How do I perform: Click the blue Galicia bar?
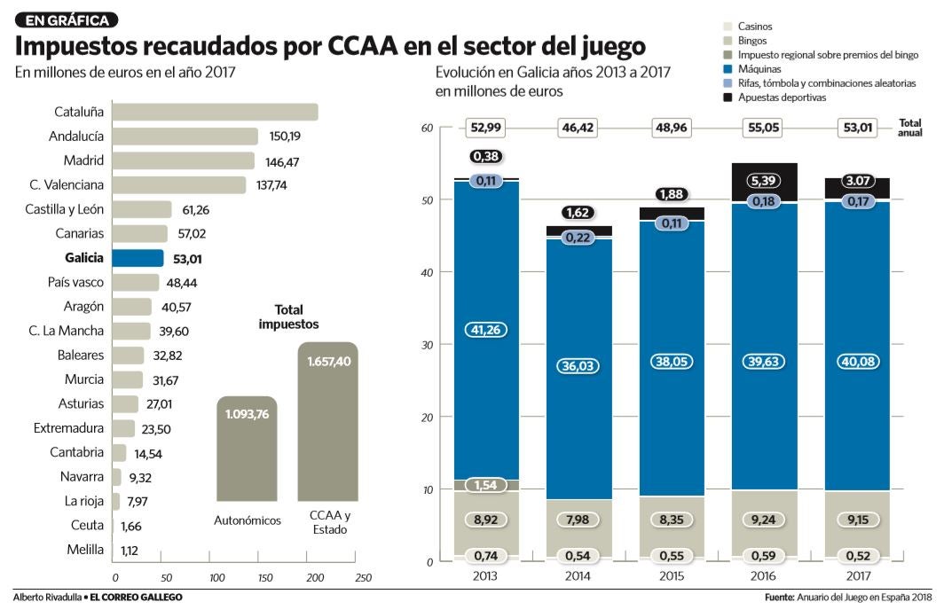click(x=138, y=258)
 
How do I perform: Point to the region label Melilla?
click(x=85, y=550)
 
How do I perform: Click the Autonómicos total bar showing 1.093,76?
click(x=247, y=452)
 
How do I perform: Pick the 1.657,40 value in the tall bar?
click(x=327, y=362)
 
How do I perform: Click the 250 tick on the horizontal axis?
click(x=363, y=577)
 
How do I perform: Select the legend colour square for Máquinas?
click(x=729, y=69)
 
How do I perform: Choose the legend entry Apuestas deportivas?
click(x=782, y=98)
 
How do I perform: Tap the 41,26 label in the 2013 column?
click(x=486, y=329)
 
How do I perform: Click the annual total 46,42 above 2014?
click(x=578, y=129)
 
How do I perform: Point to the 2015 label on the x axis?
click(x=671, y=575)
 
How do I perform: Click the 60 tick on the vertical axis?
click(x=427, y=129)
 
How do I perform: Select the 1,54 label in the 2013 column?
click(x=486, y=485)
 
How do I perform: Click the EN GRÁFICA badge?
click(x=67, y=20)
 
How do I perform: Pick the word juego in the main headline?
click(x=604, y=46)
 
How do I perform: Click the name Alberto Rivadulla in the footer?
click(x=45, y=598)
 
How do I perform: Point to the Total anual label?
click(x=910, y=128)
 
